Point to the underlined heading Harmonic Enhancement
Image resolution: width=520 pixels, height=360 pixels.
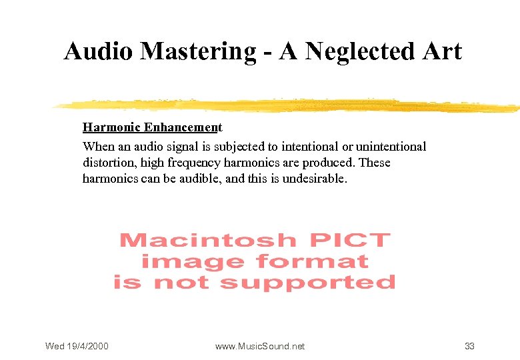tap(152, 127)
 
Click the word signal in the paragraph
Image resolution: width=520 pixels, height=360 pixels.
tap(192, 146)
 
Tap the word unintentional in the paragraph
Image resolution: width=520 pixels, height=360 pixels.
tap(391, 146)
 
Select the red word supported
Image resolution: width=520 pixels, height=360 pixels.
tap(308, 283)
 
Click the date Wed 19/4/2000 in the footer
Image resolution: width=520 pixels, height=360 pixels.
tap(77, 346)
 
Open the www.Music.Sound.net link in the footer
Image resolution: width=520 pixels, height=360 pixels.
tap(260, 346)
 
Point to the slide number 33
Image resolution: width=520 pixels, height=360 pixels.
tap(469, 346)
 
